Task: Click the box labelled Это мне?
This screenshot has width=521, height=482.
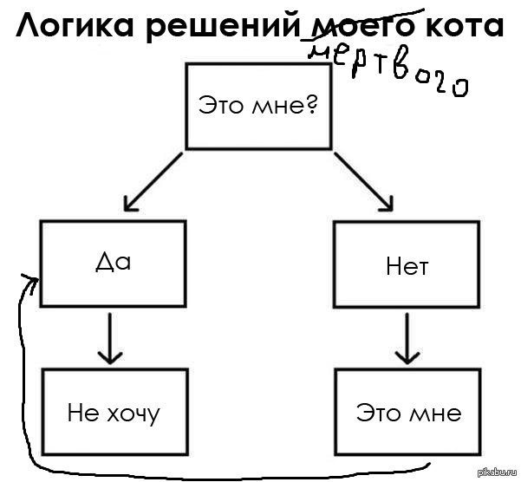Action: click(259, 106)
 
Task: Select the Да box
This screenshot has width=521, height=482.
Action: click(113, 263)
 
